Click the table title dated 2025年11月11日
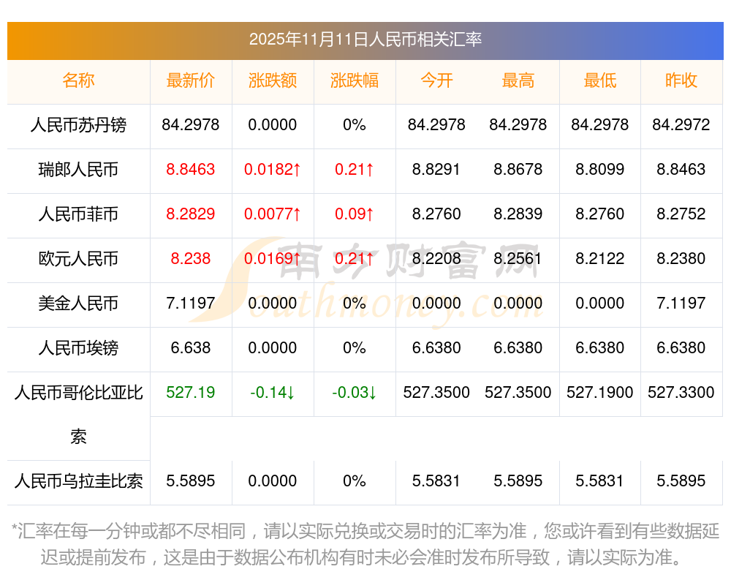[365, 39]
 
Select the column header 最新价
[191, 80]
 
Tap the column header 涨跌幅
[355, 80]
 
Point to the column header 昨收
[681, 80]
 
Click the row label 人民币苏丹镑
[78, 125]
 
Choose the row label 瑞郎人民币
[78, 170]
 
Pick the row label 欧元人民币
[78, 259]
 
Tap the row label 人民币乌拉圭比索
[78, 481]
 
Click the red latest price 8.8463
[191, 170]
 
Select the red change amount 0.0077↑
[273, 214]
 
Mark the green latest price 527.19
[191, 393]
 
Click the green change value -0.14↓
[273, 393]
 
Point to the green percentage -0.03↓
[355, 393]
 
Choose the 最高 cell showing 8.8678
[518, 170]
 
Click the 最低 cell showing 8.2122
[600, 259]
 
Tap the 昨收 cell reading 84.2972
[681, 125]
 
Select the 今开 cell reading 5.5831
[436, 481]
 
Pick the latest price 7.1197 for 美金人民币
[191, 304]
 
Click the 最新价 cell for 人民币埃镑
[191, 348]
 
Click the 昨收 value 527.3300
[681, 393]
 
